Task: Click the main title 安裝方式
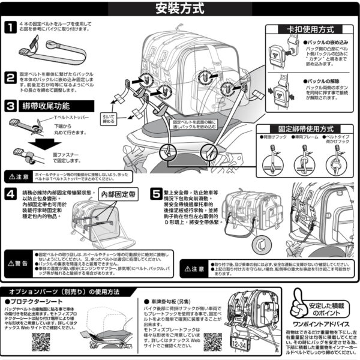pos(180,9)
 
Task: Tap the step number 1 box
pos(11,27)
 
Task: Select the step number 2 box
pos(11,78)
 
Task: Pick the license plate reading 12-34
pos(242,344)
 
